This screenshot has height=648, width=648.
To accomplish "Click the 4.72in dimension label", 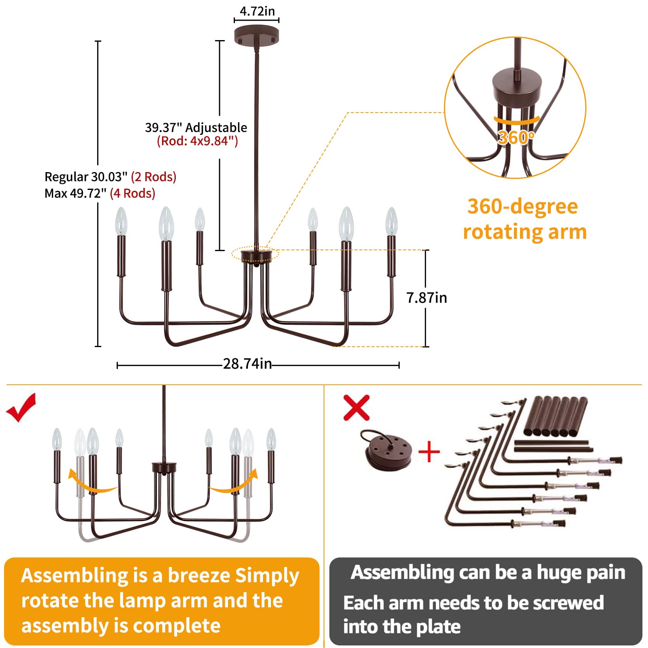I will pyautogui.click(x=257, y=11).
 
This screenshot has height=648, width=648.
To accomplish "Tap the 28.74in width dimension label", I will pyautogui.click(x=247, y=364).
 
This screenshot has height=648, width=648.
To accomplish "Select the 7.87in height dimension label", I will pyautogui.click(x=426, y=298).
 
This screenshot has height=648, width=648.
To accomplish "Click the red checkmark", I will pyautogui.click(x=21, y=407).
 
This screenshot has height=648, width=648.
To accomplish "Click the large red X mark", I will pyautogui.click(x=356, y=407).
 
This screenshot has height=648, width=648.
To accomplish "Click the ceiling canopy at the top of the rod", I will pyautogui.click(x=256, y=35).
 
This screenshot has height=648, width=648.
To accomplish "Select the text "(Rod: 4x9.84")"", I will pyautogui.click(x=197, y=141).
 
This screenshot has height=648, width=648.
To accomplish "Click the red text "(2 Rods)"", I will pyautogui.click(x=153, y=177).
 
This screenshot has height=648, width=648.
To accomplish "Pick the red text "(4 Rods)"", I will pyautogui.click(x=132, y=194).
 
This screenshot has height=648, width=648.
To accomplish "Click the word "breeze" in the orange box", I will pyautogui.click(x=199, y=576).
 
